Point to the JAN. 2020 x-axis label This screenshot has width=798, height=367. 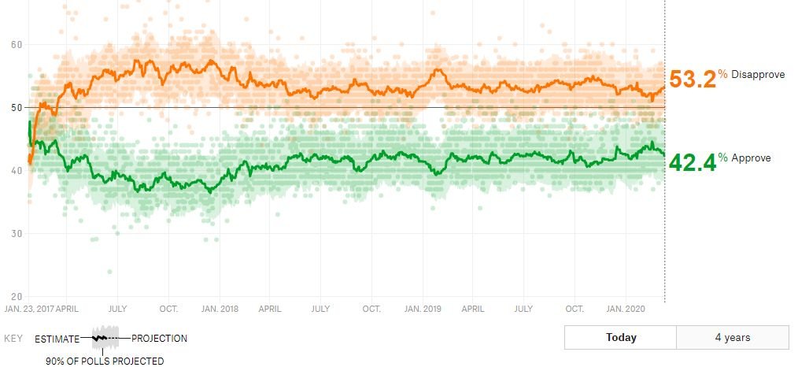(x=626, y=309)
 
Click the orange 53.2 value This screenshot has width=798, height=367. (x=692, y=80)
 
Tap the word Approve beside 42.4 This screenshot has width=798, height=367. (x=751, y=158)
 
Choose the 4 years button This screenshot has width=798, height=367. (x=732, y=338)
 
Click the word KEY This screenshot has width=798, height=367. (x=13, y=339)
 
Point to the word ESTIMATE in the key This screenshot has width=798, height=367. (x=57, y=339)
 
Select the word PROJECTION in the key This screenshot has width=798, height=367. (x=159, y=339)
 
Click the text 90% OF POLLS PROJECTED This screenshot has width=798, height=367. (x=104, y=361)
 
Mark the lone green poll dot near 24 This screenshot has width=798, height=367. (x=110, y=272)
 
